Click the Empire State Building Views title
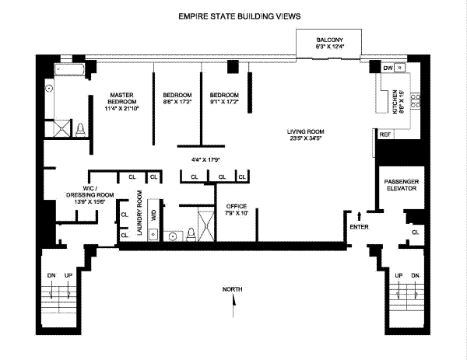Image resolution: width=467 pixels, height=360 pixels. point(240,16)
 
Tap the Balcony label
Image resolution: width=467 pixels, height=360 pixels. point(329,40)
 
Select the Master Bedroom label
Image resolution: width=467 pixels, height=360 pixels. point(121,98)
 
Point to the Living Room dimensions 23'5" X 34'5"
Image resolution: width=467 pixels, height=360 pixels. point(306,138)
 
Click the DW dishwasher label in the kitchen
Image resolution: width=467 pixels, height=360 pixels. point(388,68)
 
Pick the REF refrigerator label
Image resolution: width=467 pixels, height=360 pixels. point(384,135)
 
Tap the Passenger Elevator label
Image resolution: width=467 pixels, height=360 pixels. point(401,185)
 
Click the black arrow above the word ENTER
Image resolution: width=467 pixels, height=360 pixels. point(359,216)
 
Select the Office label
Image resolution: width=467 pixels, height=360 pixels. point(236,206)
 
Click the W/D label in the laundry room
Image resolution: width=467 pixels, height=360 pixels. point(153,215)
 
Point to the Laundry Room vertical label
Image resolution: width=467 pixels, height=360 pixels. point(139,212)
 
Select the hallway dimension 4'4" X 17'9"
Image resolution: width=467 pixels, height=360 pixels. point(205,159)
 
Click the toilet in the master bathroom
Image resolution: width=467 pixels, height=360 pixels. point(80,130)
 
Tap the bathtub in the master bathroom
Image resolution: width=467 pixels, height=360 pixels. point(69,70)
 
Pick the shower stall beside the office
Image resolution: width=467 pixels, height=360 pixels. point(206,225)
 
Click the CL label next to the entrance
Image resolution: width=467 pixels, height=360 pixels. point(415,232)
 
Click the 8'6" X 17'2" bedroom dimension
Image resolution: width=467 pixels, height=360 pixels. point(177,102)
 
